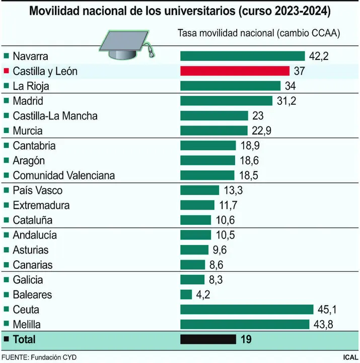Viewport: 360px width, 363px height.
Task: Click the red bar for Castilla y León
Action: point(235,71)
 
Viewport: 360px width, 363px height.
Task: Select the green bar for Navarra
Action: point(242,56)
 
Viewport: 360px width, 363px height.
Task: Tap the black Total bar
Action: point(208,339)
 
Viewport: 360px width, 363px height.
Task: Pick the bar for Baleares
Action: point(186,294)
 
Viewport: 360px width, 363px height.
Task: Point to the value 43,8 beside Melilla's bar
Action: point(324,325)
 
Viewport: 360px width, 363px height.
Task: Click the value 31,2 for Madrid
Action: point(286,101)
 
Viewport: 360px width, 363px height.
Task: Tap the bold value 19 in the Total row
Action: point(246,339)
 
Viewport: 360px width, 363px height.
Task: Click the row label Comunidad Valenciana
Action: point(63,175)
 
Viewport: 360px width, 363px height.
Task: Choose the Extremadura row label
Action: point(41,205)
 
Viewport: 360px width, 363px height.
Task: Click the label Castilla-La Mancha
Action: point(55,116)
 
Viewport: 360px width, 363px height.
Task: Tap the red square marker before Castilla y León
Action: point(6,71)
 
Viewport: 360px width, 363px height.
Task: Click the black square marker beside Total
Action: point(6,339)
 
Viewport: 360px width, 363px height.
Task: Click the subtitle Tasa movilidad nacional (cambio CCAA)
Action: point(259,33)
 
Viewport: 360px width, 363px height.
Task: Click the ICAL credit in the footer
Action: point(349,357)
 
